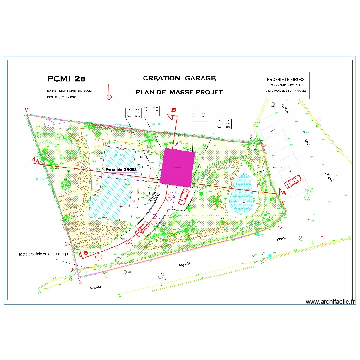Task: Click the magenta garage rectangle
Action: pos(177,167)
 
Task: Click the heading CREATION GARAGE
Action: pos(179,78)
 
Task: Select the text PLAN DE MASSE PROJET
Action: pos(179,92)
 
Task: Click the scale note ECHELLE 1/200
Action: pos(61,97)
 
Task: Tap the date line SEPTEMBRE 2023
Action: pos(70,90)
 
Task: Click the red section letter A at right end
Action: pos(282,192)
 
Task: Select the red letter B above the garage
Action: pos(174,110)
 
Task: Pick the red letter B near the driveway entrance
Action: pos(85,252)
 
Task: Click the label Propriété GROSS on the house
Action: pos(120,170)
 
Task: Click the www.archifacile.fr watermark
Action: pos(331,302)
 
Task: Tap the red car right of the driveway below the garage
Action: pos(184,196)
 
